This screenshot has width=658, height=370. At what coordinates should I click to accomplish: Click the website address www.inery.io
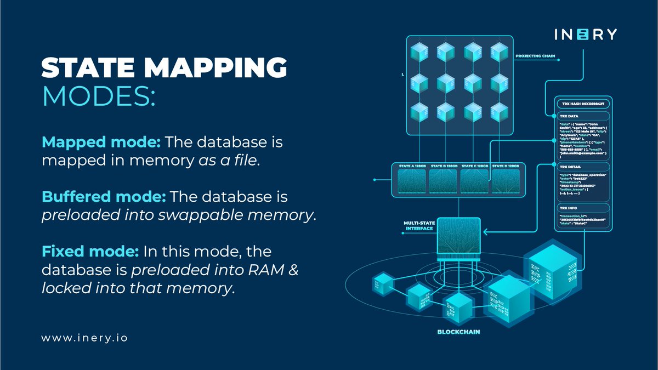84,338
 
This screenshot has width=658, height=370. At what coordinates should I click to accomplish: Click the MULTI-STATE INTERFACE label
419,226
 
